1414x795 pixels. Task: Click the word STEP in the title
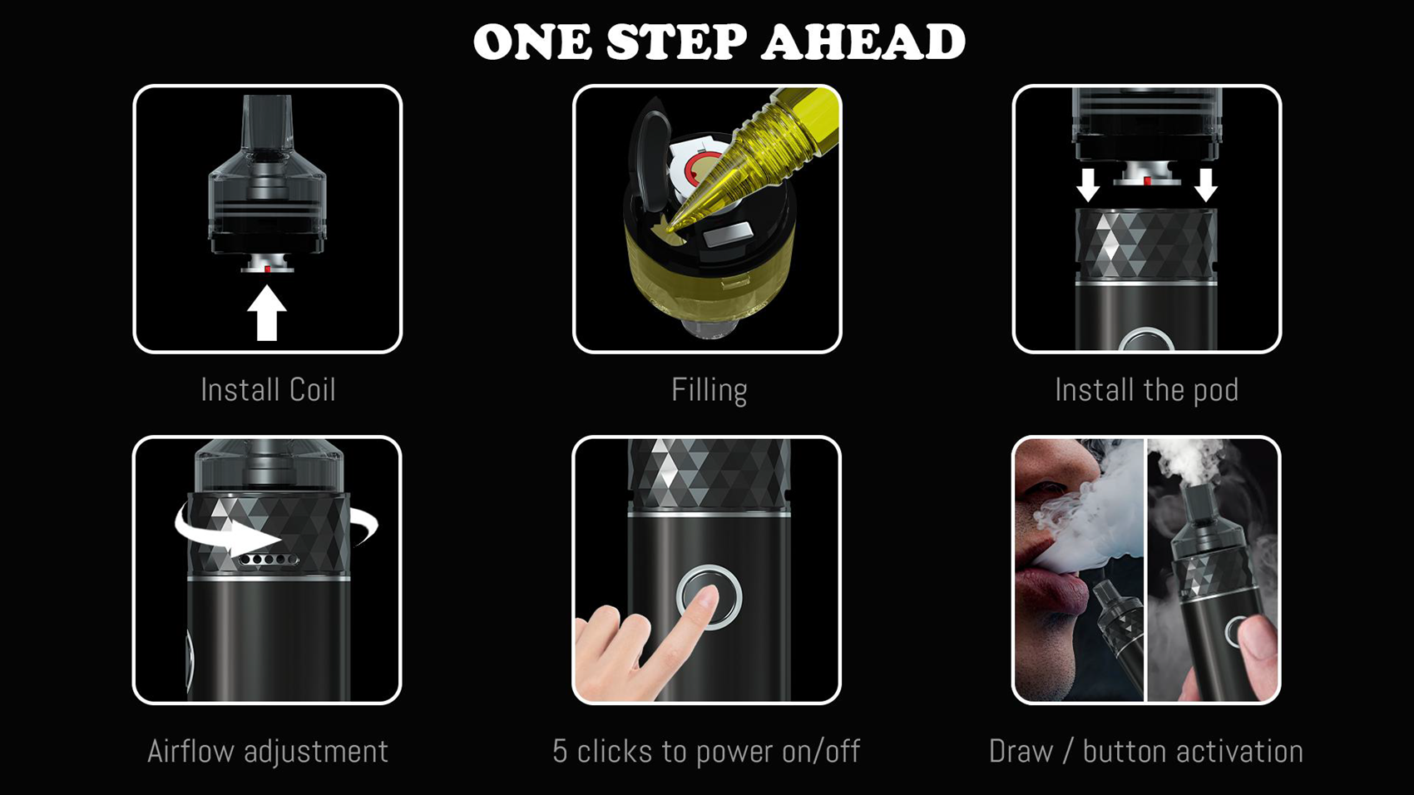click(675, 42)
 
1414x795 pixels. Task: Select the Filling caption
click(709, 390)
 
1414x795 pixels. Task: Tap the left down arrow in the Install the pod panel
click(1088, 184)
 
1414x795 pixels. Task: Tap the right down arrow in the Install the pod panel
click(1206, 184)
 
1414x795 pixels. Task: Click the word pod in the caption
click(1215, 391)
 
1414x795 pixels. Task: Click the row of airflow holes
click(269, 560)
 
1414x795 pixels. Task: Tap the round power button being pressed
click(709, 597)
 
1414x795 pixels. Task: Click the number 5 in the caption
click(561, 751)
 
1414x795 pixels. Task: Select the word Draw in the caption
click(1021, 751)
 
